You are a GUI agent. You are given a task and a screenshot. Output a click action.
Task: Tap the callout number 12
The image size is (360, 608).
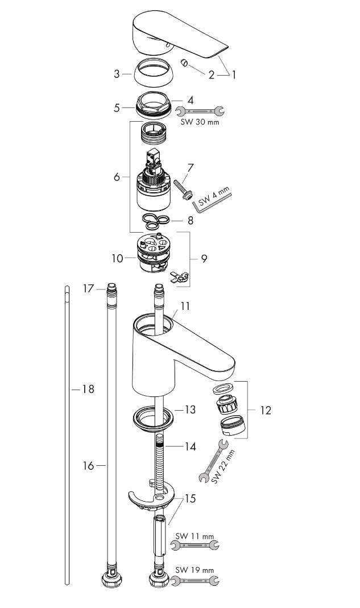265,410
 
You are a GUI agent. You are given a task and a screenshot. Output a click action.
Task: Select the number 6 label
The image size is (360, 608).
117,177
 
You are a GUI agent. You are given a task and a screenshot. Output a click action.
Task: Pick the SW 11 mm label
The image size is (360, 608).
195,536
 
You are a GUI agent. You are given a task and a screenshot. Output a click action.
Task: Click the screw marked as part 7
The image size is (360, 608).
183,188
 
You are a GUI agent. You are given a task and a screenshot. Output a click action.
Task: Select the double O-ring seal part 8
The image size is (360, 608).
155,220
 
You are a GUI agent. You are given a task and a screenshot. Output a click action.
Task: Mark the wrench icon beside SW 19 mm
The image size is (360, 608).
195,581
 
